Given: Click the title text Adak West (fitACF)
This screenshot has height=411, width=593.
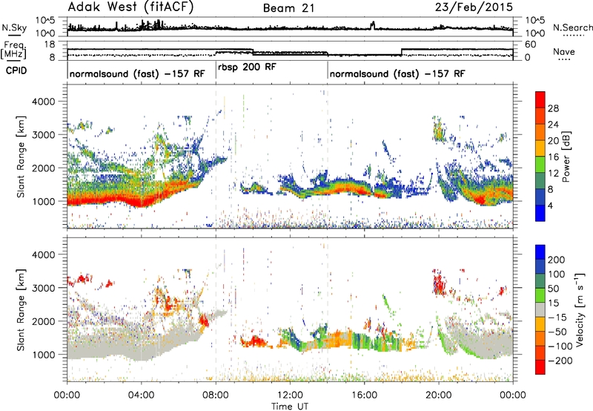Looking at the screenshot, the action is [130, 7].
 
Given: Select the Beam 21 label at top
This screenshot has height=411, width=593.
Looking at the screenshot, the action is [289, 8].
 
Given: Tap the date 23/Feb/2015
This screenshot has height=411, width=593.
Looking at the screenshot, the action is [474, 7].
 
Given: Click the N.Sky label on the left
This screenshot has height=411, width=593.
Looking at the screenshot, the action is [14, 27].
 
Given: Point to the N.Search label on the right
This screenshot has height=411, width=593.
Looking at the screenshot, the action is [572, 27].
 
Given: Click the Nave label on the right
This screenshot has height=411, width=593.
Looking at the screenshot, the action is [564, 51].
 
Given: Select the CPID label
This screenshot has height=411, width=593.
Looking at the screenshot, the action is [16, 70].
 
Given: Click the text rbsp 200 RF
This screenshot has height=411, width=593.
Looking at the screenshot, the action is [247, 68].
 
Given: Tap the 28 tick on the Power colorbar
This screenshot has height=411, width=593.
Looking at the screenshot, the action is [553, 108].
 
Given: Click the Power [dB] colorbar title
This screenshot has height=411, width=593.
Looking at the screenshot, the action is [566, 157].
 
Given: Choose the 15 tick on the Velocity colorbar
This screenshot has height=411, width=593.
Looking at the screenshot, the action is [553, 303].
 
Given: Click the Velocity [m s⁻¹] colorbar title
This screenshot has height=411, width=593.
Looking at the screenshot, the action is [580, 309].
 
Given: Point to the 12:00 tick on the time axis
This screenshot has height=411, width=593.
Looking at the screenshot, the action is [290, 395].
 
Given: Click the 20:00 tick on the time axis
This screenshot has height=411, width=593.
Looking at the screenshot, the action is [439, 395].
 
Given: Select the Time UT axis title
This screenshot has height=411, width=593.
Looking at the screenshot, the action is [290, 407].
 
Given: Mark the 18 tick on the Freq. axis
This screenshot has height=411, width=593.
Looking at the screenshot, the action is [50, 45].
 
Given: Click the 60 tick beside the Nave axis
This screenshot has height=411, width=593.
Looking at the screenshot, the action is [531, 45].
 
